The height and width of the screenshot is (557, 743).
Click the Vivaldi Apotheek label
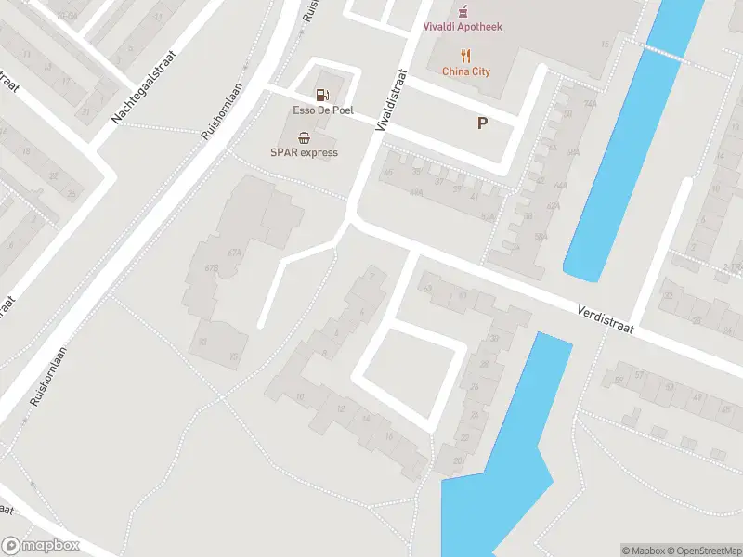[x=463, y=27]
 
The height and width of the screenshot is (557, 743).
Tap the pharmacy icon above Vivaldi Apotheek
[x=463, y=10]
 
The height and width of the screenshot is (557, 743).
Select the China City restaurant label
[x=465, y=71]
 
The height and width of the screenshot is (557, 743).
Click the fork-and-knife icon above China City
[x=465, y=55]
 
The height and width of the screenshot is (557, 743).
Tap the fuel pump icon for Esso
[x=321, y=94]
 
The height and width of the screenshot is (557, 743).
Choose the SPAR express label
[x=304, y=152]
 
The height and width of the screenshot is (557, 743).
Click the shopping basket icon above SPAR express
[x=304, y=136]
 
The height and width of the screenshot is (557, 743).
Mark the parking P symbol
[x=482, y=123]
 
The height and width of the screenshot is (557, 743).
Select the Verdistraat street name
[x=604, y=320]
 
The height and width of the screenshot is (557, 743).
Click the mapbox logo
[x=41, y=546]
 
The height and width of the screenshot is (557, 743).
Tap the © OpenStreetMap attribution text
[x=702, y=551]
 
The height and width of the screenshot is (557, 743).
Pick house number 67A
[x=234, y=253]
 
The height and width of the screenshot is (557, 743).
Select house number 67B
[x=211, y=268]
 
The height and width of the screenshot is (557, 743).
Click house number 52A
[x=488, y=215]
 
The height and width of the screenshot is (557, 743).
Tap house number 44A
[x=416, y=192]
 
